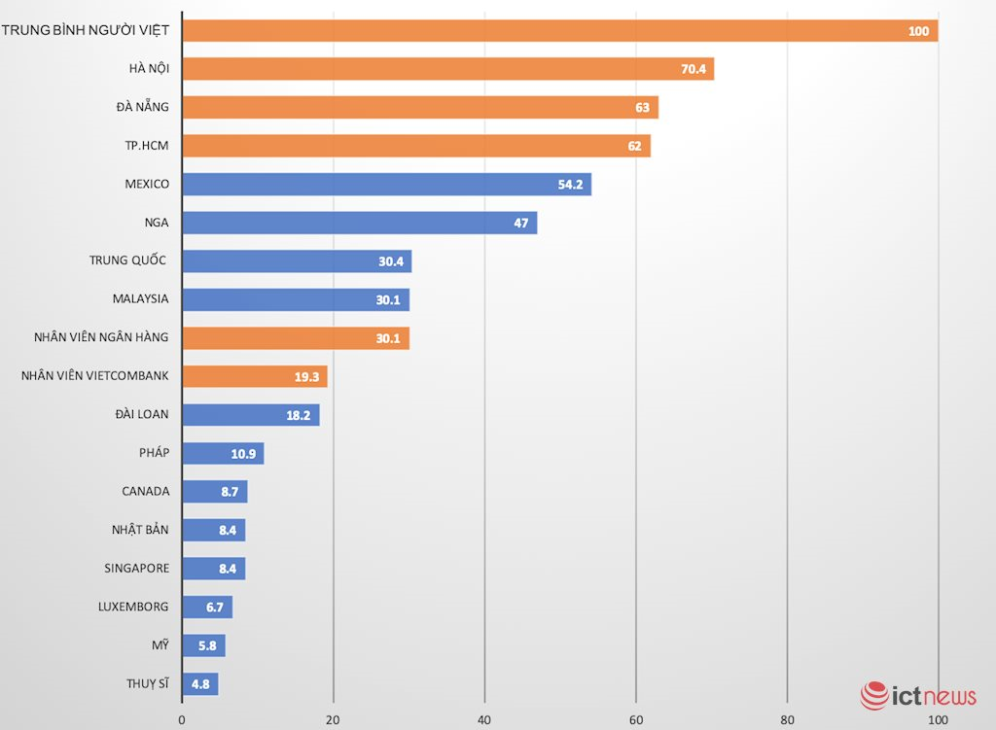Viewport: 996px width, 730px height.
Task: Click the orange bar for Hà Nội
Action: pyautogui.click(x=447, y=69)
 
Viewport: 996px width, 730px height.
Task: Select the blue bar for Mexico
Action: pyautogui.click(x=386, y=185)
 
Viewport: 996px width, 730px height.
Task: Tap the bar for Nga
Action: pyautogui.click(x=359, y=223)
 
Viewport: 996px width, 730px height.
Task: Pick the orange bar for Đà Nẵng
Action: pyautogui.click(x=420, y=107)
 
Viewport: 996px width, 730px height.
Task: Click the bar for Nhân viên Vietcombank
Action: pyautogui.click(x=255, y=376)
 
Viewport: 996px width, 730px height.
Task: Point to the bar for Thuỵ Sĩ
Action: pyautogui.click(x=200, y=683)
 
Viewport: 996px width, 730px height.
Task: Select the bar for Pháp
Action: pyautogui.click(x=223, y=453)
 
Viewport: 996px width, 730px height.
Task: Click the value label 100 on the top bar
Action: pyautogui.click(x=918, y=31)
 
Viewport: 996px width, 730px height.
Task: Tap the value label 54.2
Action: pyautogui.click(x=570, y=185)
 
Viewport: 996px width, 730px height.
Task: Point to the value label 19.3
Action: pyautogui.click(x=308, y=376)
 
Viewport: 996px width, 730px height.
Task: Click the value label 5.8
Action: pyautogui.click(x=207, y=645)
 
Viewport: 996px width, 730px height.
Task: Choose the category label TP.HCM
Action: pyautogui.click(x=143, y=146)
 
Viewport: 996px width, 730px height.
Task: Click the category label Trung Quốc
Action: pyautogui.click(x=128, y=261)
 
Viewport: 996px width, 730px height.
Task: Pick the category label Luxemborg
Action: pyautogui.click(x=133, y=607)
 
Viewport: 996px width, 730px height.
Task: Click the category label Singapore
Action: pyautogui.click(x=137, y=568)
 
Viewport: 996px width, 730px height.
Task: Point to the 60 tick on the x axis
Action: pyautogui.click(x=636, y=720)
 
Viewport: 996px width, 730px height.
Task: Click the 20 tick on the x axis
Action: pyautogui.click(x=334, y=720)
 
